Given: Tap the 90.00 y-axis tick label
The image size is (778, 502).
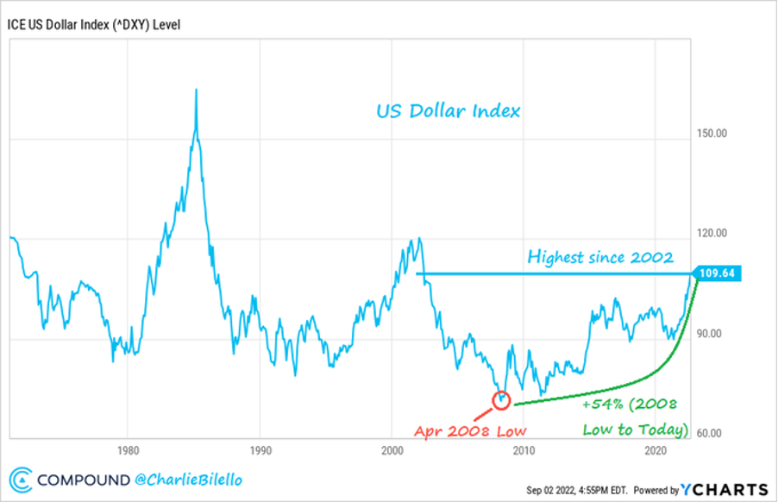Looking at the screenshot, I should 708,334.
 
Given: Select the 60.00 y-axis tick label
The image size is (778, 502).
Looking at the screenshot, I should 708,434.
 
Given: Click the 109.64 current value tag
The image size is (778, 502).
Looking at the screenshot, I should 719,274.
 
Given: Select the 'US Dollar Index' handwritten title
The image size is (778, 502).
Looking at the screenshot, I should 448,111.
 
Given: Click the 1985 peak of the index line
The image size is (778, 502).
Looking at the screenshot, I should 197,90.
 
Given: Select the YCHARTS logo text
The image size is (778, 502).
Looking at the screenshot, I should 725,489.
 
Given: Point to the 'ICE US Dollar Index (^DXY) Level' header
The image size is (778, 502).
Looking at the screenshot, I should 95,23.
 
